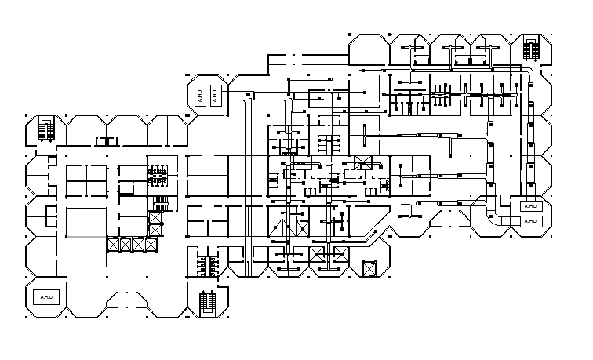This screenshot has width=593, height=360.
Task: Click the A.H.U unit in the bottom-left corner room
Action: point(46,297)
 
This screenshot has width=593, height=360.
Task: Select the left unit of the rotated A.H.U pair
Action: point(200,96)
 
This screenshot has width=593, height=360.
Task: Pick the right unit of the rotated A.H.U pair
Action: point(216,96)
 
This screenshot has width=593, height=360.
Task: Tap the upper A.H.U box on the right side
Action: point(531,206)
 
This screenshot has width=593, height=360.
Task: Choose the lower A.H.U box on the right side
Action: point(531,221)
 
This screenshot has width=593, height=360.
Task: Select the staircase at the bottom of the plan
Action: point(208,300)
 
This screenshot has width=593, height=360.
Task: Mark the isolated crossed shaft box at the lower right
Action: point(369,269)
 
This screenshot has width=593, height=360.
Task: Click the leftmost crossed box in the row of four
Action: point(115,245)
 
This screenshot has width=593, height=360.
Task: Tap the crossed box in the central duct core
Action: point(362,164)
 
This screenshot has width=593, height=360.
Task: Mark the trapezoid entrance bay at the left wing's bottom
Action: point(126,302)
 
